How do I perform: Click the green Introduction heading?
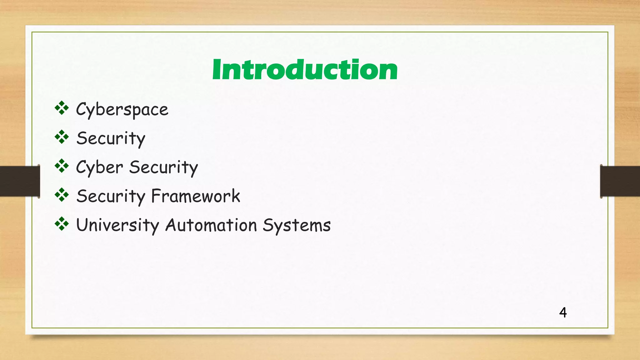coord(305,70)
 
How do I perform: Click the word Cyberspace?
coord(122,110)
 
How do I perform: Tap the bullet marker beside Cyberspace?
coord(62,108)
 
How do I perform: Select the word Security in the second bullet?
coord(111,138)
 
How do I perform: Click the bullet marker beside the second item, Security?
coord(62,137)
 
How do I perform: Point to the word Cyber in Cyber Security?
coord(100,167)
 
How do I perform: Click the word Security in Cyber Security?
coord(163,167)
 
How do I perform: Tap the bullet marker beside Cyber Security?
coord(62,166)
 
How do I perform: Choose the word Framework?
coord(196,196)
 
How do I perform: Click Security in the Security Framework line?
coord(111,196)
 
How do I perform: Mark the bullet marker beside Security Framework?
coord(62,195)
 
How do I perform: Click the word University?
coord(117,225)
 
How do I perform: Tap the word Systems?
coord(297,225)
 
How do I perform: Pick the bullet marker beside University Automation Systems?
coord(62,224)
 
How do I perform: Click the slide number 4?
coord(563,312)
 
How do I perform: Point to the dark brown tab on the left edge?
coord(19,181)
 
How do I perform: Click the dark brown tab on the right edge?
coord(620,181)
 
